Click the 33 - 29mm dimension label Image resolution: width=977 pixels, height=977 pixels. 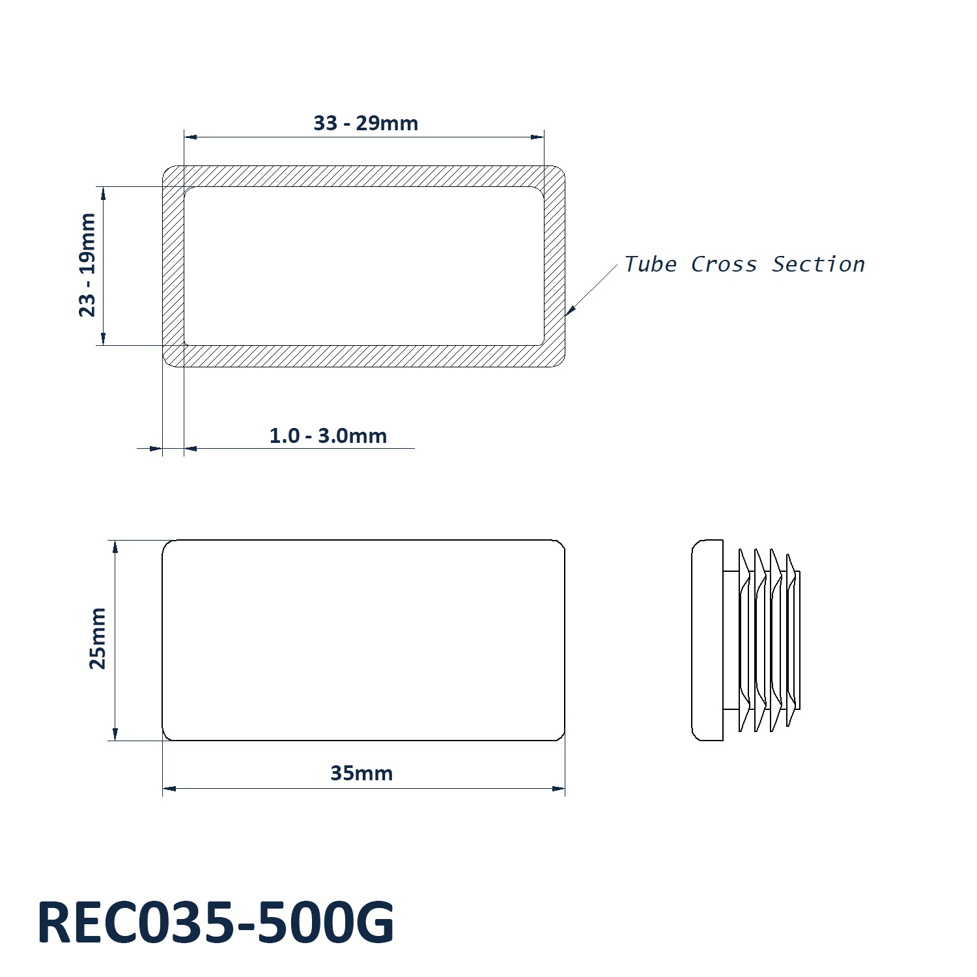pyautogui.click(x=365, y=122)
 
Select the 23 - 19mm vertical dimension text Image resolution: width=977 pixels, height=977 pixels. pyautogui.click(x=87, y=265)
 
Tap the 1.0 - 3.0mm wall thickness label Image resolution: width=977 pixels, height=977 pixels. pyautogui.click(x=328, y=435)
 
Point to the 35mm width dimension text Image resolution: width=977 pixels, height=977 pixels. pyautogui.click(x=361, y=773)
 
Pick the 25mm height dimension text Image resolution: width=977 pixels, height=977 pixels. pyautogui.click(x=98, y=638)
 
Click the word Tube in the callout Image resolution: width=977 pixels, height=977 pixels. pyautogui.click(x=650, y=264)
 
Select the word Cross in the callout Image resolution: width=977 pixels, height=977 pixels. pyautogui.click(x=724, y=264)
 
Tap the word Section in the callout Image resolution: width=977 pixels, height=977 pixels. pyautogui.click(x=818, y=264)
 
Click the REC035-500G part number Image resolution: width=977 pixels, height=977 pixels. pyautogui.click(x=216, y=922)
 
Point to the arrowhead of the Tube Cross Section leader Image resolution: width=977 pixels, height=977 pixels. pyautogui.click(x=570, y=311)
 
